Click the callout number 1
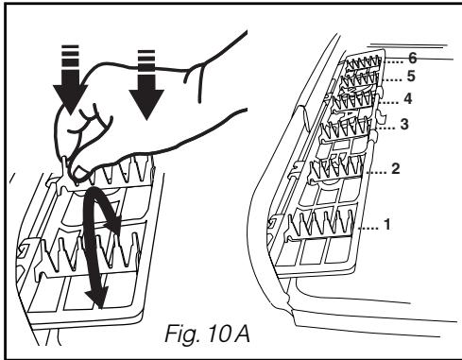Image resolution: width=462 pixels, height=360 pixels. pos(387,224)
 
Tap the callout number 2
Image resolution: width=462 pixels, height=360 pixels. pos(396,168)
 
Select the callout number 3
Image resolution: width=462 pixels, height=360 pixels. pos(404,124)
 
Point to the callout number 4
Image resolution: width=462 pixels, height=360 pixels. pos(408,98)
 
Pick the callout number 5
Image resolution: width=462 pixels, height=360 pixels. pos(411,77)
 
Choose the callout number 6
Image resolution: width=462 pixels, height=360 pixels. pos(413,58)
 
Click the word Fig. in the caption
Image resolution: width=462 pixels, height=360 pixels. pos(182,334)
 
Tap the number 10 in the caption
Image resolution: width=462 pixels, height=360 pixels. pos(219,334)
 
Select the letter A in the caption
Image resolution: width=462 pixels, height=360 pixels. pos(243,334)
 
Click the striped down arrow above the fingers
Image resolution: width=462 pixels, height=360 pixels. pos(70,80)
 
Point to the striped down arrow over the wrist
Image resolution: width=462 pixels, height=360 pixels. pos(146,85)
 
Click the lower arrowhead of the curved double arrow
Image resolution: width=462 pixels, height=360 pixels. pos(97,297)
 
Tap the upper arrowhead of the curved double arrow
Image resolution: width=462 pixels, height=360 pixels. pos(113,224)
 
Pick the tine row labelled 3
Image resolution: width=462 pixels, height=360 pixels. pos(346,128)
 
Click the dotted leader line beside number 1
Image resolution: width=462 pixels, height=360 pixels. pos(369,228)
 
